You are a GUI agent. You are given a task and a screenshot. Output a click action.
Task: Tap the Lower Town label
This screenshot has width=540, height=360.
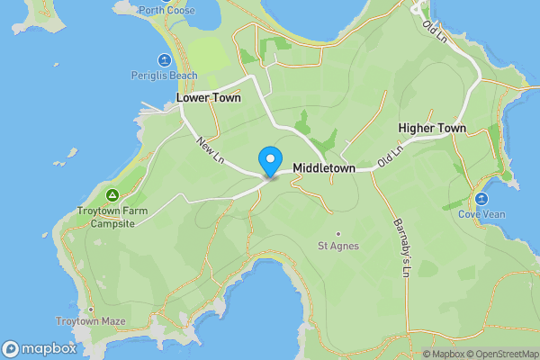(208, 98)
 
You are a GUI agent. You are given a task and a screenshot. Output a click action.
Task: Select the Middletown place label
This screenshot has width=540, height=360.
(324, 168)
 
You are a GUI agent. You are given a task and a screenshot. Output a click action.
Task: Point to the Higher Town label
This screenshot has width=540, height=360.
(432, 129)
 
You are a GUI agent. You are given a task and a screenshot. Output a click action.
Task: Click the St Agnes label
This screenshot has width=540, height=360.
(338, 245)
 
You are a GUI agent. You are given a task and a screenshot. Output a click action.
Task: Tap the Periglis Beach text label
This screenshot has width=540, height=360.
(163, 75)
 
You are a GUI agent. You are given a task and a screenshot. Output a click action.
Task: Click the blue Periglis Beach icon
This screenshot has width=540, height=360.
(164, 60)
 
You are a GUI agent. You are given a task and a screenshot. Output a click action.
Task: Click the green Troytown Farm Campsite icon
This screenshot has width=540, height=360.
(112, 195)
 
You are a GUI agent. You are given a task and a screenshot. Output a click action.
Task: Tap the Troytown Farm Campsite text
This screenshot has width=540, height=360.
(112, 217)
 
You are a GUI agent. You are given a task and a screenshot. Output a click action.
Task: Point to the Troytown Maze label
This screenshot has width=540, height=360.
(91, 321)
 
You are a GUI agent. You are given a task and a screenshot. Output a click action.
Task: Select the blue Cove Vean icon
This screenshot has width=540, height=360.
(481, 199)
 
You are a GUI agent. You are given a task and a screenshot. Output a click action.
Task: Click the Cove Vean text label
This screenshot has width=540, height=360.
(481, 214)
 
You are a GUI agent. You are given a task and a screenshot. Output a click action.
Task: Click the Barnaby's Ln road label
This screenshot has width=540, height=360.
(401, 247)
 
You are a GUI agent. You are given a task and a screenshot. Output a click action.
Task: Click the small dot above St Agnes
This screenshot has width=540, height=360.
(338, 233)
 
